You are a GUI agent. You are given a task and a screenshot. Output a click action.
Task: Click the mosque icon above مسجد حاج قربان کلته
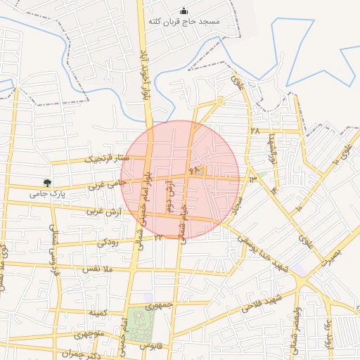tap(184, 11)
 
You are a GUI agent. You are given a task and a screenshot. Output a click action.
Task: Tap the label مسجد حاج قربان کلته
tap(184, 22)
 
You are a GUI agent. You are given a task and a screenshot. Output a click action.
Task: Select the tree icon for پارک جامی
tap(48, 183)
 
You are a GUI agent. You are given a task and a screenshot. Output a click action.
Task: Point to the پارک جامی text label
tap(47, 193)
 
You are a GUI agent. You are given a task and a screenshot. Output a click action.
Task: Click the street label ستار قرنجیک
tap(103, 157)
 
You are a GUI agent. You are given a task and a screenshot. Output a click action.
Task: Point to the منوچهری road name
tap(89, 333)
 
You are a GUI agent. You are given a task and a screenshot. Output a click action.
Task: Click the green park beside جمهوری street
tap(141, 323)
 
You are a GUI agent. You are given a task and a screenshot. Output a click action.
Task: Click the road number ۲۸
tap(254, 131)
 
